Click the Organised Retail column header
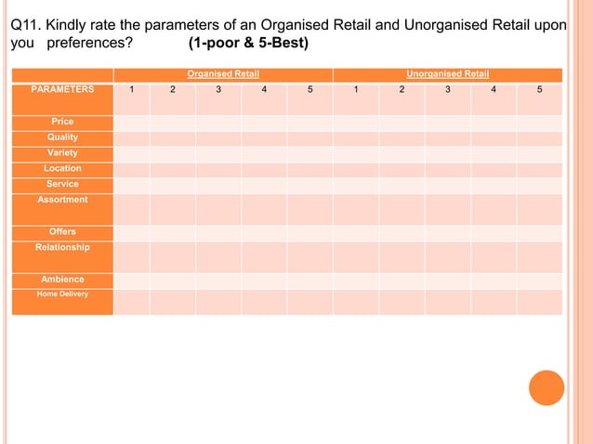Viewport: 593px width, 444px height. [222, 73]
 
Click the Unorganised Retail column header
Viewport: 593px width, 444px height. [447, 73]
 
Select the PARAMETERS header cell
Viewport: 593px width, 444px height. [62, 89]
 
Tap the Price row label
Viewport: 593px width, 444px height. [62, 122]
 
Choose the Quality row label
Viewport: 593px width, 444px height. [62, 137]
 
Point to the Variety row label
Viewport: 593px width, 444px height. [62, 152]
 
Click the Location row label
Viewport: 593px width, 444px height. [62, 168]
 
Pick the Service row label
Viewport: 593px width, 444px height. [62, 184]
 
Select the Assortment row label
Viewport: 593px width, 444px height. [62, 200]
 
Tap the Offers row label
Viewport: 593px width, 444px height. [62, 231]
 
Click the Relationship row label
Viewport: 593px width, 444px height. [62, 247]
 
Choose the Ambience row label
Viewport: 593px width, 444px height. [62, 279]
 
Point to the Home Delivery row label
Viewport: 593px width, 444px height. [62, 294]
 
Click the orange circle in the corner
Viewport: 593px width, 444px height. [547, 387]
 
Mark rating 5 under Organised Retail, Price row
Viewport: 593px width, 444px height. [310, 123]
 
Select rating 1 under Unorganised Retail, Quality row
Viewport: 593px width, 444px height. [355, 138]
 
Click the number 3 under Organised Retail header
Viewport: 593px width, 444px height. [218, 89]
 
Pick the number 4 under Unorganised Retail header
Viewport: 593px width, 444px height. [494, 89]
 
